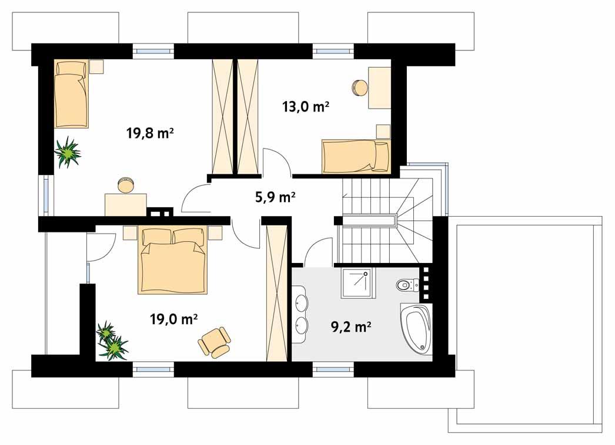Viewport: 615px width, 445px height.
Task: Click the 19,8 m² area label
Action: (149, 133)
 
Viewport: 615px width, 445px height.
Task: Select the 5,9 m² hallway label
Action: (275, 197)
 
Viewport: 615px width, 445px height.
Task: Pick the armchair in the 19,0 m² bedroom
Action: (215, 342)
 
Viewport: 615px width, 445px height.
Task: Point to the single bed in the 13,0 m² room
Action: (355, 156)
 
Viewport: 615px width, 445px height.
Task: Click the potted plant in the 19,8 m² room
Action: (68, 152)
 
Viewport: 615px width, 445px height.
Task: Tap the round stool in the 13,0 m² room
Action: (359, 87)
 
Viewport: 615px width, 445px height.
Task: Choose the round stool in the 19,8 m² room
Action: (125, 185)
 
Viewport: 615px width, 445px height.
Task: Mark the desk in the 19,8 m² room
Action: (125, 204)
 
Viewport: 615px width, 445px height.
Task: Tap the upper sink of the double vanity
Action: (302, 303)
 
